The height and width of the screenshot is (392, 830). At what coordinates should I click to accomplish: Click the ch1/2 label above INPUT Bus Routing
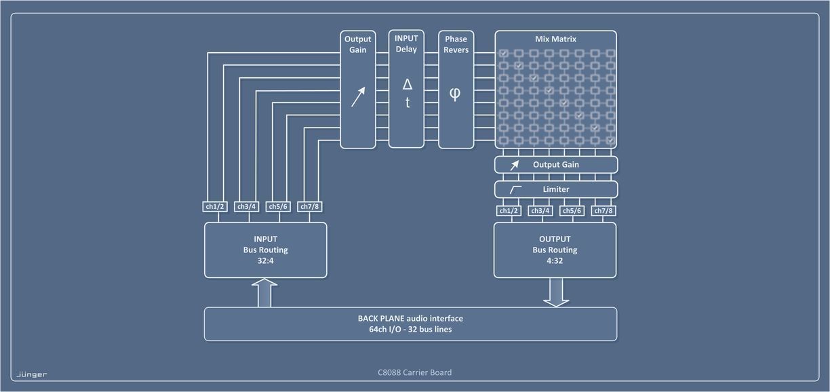point(214,206)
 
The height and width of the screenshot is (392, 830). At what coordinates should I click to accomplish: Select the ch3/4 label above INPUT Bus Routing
point(246,206)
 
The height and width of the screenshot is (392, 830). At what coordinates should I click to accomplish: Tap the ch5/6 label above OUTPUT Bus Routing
point(572,211)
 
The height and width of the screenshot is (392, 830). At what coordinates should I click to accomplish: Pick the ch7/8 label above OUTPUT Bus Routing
point(604,211)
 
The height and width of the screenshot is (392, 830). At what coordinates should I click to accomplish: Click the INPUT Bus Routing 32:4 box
point(265,250)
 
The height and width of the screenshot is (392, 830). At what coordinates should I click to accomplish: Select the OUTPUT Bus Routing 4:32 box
point(555,250)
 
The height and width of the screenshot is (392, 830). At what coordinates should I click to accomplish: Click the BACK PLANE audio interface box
point(410,324)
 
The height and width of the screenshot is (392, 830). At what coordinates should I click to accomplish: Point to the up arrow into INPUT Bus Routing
point(265,293)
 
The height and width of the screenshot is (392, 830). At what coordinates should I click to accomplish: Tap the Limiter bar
point(556,189)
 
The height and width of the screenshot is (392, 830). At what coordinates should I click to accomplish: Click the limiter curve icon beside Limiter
point(515,189)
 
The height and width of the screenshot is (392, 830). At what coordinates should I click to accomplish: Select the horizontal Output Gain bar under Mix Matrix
point(556,165)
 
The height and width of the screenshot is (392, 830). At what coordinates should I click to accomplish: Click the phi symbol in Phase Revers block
point(455,94)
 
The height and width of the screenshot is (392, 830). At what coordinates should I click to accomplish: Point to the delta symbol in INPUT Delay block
point(407,85)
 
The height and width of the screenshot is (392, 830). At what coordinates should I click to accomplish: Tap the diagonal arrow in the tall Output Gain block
point(357,96)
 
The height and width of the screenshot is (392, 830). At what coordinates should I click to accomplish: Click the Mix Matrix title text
point(555,39)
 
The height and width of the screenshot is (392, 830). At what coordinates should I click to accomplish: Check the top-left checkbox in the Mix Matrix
point(504,53)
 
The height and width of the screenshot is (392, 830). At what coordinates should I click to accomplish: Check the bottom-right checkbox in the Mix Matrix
point(610,140)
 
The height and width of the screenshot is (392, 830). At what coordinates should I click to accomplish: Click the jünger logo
point(32,374)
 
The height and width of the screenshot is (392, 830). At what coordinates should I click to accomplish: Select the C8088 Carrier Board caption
point(414,372)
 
